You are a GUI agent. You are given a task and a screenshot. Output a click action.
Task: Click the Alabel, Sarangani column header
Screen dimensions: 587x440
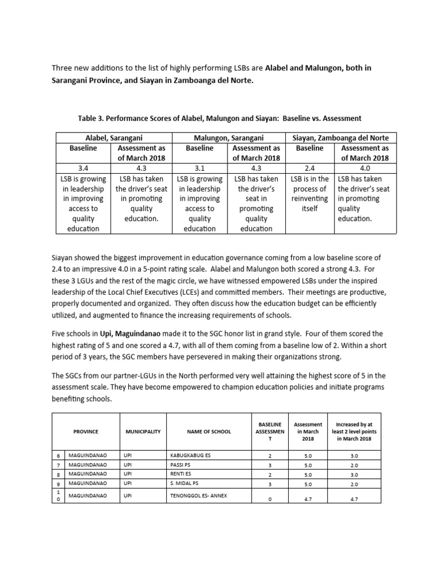coord(114,138)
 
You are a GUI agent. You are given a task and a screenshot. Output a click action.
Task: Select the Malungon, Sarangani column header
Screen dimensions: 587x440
coord(228,138)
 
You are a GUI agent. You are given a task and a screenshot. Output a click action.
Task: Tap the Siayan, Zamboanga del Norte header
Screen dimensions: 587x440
coord(340,138)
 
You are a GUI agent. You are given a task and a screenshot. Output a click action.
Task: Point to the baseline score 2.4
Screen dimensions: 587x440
coord(309,168)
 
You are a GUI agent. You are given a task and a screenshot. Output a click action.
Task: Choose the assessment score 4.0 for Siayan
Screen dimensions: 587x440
coord(364,168)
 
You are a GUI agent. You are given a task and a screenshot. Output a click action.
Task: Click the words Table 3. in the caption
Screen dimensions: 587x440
coord(94,119)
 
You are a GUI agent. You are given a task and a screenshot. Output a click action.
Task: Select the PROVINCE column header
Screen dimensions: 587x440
coord(86,431)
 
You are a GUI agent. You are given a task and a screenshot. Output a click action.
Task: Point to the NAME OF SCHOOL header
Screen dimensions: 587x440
coord(209,431)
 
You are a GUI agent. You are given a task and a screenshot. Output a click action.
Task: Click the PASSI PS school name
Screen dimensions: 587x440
coord(180,465)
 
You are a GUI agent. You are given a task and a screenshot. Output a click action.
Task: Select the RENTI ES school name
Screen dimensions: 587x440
coord(180,475)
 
